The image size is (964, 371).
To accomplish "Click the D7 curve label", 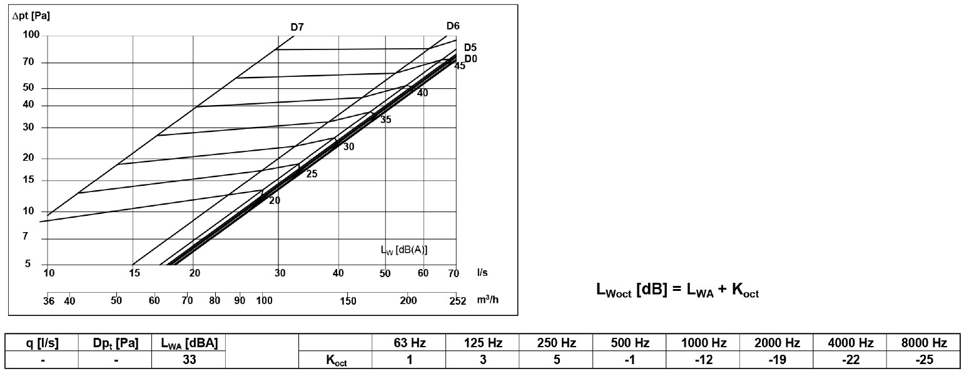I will pos(297,27).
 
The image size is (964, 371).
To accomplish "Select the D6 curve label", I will pos(453,26).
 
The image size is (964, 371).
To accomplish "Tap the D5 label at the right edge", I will pos(470,48).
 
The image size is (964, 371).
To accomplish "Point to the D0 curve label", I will pos(470,59).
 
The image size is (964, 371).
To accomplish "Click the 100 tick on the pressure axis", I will pos(31,36).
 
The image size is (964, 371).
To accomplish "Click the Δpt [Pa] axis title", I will pos(31,15).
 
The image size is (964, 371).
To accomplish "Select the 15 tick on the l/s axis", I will pos(134,273).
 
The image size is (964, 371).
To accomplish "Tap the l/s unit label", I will pos(482,273).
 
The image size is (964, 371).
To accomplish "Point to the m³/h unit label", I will pos(487,300).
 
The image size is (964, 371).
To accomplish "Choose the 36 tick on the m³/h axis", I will pos(49,301).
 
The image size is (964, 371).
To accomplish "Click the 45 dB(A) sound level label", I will pos(460,66).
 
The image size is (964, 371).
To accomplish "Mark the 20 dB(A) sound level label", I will pos(275,201).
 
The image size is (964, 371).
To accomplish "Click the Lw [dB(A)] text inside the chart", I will pos(404,249).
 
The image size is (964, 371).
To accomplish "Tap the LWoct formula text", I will pos(677,291).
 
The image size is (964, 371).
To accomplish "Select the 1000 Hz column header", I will pos(704,343).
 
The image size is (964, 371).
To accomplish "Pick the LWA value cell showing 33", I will pos(188,360).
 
